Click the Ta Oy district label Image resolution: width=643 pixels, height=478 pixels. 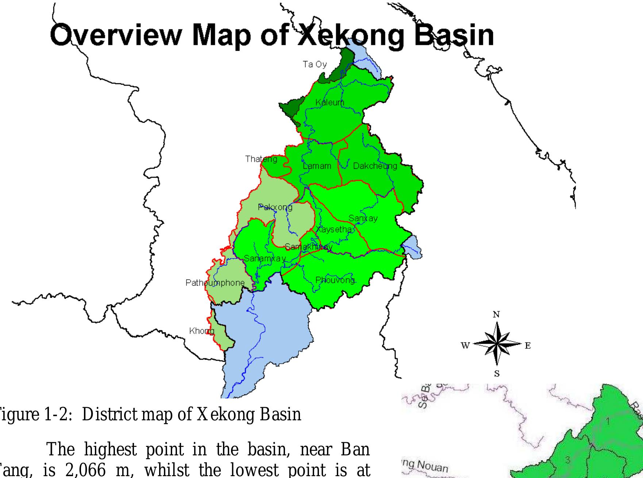tap(315, 65)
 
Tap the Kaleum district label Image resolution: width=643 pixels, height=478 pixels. tap(330, 103)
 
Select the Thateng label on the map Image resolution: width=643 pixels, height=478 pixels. tap(261, 159)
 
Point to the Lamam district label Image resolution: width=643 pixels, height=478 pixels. tap(317, 166)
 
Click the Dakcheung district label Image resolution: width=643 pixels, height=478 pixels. tap(375, 166)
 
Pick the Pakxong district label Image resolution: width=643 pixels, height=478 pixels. tap(275, 207)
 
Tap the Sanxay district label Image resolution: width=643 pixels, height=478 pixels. tap(363, 218)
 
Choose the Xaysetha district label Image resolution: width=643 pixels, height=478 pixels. tap(335, 230)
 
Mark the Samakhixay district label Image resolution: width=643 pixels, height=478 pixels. tap(308, 247)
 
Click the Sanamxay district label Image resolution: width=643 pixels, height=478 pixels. tap(265, 259)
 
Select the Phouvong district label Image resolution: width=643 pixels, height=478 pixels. tap(335, 280)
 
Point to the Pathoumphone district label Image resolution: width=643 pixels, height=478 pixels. tap(215, 283)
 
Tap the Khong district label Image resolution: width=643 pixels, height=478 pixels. tap(201, 331)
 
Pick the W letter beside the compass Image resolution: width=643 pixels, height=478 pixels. tap(465, 345)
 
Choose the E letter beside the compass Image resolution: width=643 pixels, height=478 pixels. tap(528, 345)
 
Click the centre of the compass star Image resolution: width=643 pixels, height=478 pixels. tap(497, 344)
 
